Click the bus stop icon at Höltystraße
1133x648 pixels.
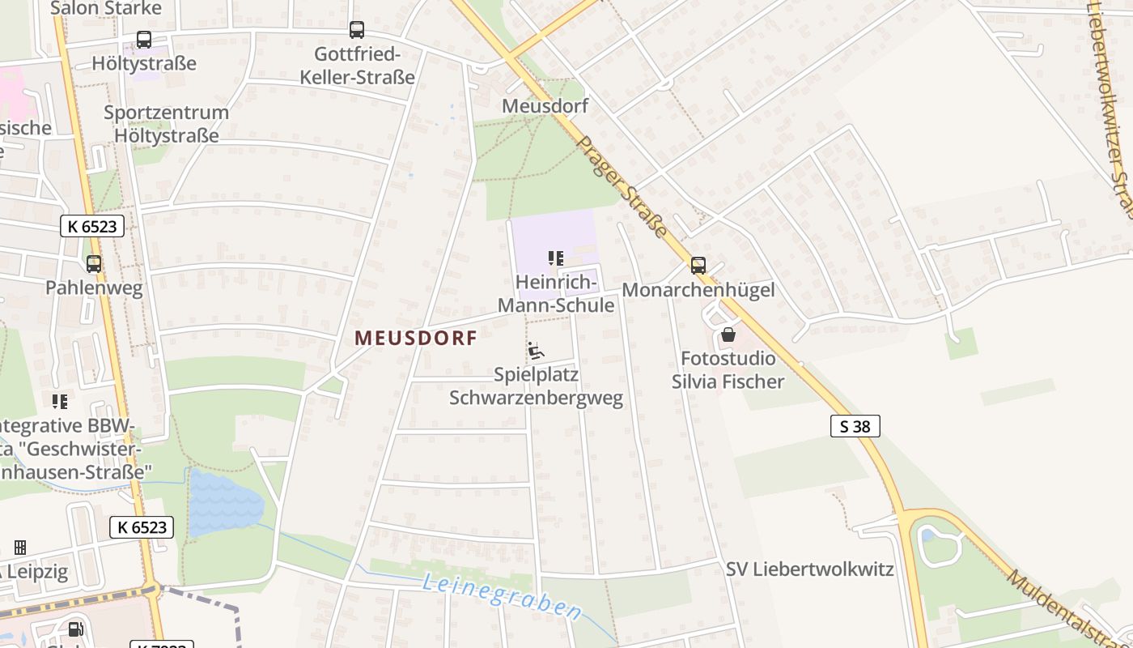pos(144,39)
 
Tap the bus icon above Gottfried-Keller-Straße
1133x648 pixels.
pos(357,30)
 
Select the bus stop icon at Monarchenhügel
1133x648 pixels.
pos(698,265)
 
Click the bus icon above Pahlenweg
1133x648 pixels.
pos(94,263)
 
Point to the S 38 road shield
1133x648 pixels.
pos(855,426)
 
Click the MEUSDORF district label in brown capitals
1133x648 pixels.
pos(416,339)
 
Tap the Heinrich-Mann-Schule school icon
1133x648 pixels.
pos(555,258)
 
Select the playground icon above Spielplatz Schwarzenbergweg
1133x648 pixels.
pos(536,351)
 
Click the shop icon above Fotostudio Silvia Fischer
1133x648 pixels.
pos(728,334)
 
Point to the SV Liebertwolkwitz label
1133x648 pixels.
pos(809,569)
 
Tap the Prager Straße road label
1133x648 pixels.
pos(622,187)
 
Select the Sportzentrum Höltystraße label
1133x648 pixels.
pos(166,124)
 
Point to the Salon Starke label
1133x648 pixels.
pos(106,8)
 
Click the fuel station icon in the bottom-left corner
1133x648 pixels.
pos(75,629)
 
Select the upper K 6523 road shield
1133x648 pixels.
pos(92,227)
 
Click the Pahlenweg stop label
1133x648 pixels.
pos(94,288)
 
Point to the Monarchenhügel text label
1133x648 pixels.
pos(698,290)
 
